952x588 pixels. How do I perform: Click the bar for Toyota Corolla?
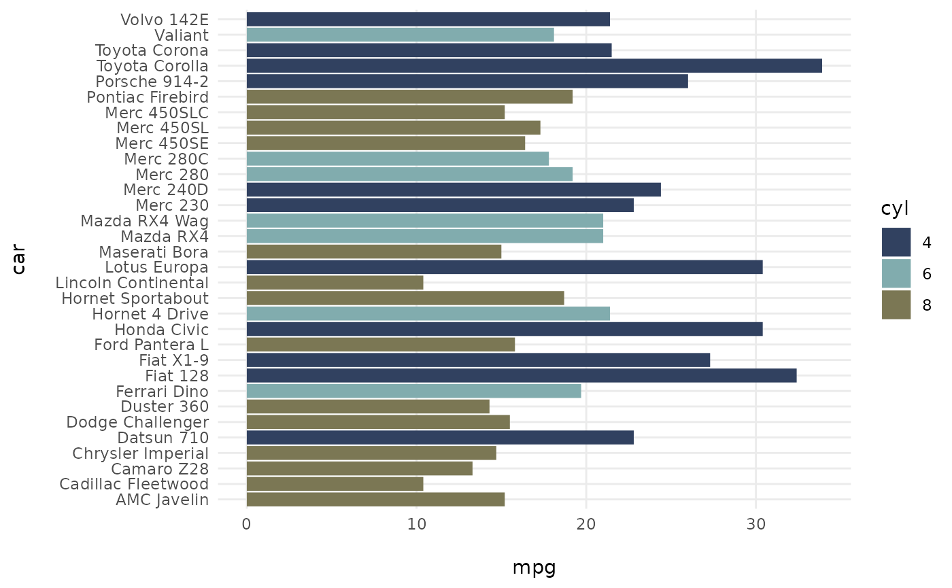click(x=534, y=66)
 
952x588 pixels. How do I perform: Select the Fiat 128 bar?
click(x=521, y=376)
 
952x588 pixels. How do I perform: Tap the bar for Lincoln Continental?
click(x=335, y=283)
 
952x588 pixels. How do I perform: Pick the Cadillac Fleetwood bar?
click(x=335, y=485)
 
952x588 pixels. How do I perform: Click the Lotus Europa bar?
click(x=504, y=267)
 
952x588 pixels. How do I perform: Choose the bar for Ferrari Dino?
click(x=413, y=392)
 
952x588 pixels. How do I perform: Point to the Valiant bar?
click(x=400, y=35)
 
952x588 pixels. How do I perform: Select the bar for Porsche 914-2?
click(x=466, y=82)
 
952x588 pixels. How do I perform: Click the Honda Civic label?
click(x=161, y=330)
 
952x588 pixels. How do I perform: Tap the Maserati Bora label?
click(x=154, y=252)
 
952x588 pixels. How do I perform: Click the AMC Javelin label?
click(x=162, y=500)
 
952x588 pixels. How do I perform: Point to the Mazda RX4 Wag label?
click(x=144, y=221)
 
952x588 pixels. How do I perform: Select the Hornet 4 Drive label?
click(x=150, y=314)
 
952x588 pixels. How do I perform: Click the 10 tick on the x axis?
click(x=416, y=524)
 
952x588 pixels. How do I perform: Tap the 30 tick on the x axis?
click(x=755, y=524)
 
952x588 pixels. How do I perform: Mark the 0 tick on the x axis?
click(x=247, y=524)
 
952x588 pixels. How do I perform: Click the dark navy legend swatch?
click(x=896, y=242)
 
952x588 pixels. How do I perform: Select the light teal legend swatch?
click(x=896, y=273)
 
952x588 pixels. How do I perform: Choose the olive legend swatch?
click(x=896, y=305)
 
